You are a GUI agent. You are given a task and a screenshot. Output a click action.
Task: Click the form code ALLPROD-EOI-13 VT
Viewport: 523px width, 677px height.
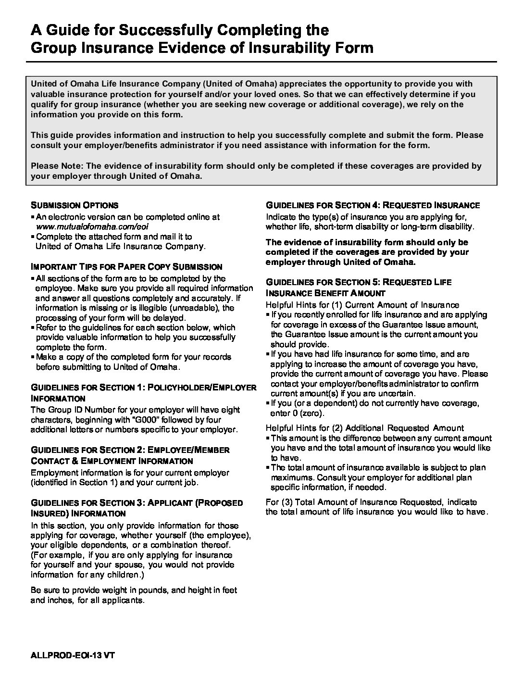pos(74,655)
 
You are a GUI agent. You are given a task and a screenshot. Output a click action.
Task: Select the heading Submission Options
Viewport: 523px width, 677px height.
pos(75,205)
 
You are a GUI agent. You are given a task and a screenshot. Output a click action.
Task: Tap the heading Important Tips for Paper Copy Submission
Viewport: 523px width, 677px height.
pos(126,267)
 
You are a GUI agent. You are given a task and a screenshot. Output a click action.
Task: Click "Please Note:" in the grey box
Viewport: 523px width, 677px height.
pos(57,166)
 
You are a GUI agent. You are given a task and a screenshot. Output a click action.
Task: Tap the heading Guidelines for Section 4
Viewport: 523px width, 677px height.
pos(373,205)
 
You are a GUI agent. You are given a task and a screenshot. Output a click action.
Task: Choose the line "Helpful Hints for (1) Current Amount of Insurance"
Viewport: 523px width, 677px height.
pos(362,305)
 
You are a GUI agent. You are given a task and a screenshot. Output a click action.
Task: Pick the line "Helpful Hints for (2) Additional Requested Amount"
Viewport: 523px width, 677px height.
pos(365,428)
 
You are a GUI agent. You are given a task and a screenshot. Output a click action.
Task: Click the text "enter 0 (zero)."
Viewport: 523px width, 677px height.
pos(298,413)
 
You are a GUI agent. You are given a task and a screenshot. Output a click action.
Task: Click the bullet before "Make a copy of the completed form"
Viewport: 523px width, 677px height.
pos(33,357)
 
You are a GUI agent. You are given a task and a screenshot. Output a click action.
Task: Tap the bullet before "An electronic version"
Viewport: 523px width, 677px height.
pos(33,217)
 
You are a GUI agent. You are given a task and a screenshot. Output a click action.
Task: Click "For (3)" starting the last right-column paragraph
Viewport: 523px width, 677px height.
pos(279,502)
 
